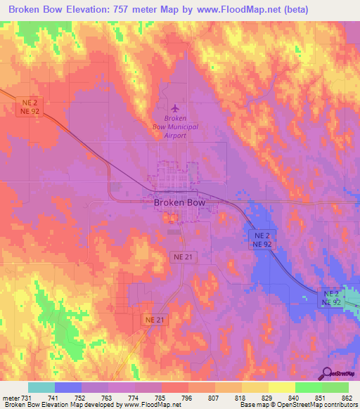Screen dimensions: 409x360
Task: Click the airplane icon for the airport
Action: tap(175, 108)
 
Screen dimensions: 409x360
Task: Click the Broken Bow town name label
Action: tap(179, 202)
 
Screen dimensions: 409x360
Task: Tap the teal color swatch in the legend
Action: tap(41, 387)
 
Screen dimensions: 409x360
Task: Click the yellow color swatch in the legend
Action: tap(281, 387)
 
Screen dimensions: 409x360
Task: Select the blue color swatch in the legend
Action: tap(68, 387)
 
